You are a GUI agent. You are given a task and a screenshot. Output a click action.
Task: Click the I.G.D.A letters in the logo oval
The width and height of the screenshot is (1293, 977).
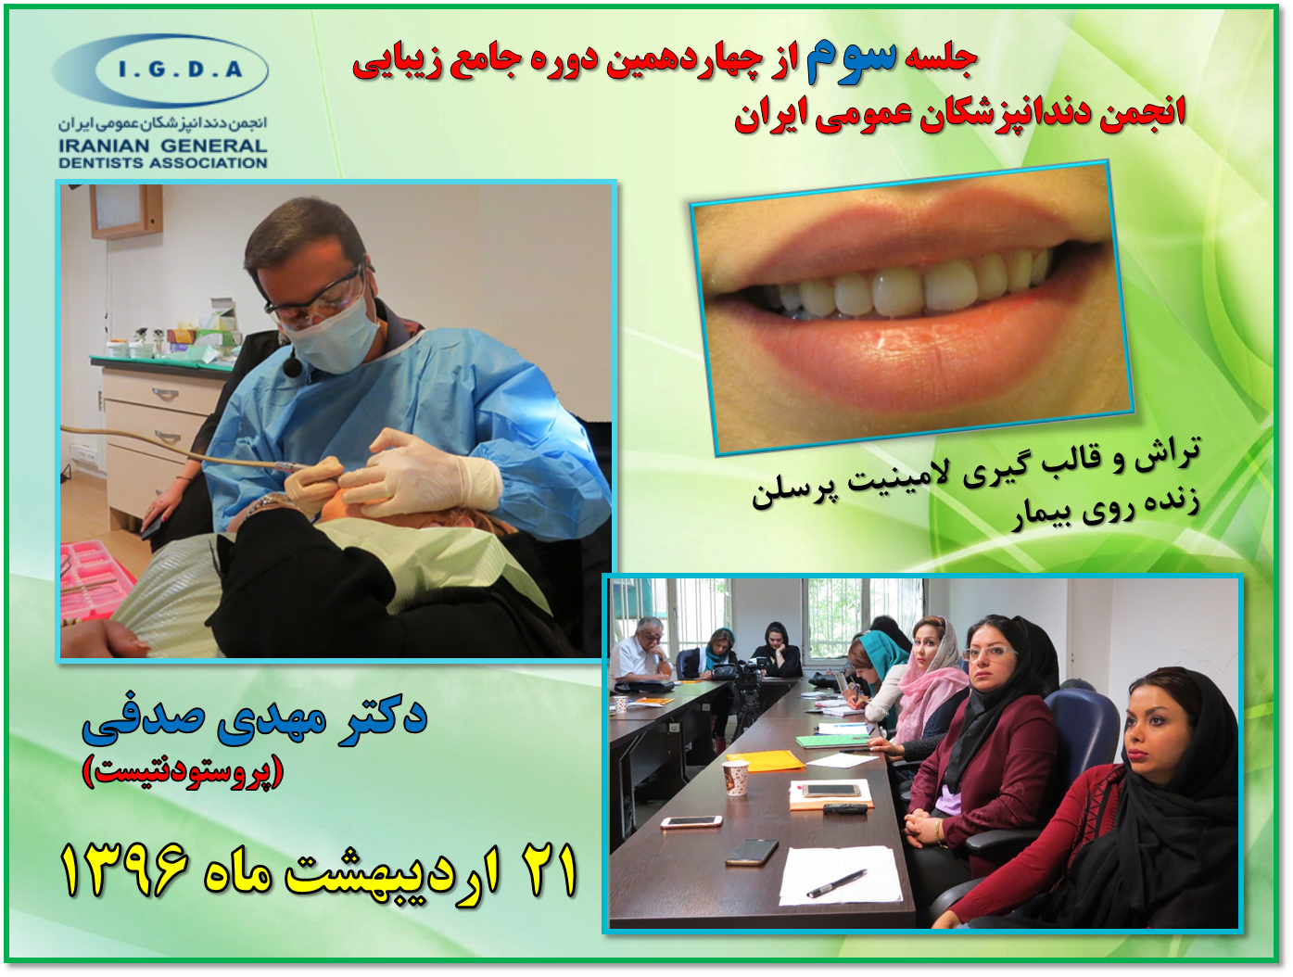180,70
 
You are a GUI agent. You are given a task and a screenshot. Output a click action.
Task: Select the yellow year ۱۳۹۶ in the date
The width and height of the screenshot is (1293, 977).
124,868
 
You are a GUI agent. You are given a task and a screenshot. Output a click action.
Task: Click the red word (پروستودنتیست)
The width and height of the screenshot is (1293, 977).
184,770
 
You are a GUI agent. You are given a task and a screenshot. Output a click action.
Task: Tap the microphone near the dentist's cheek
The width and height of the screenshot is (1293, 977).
290,365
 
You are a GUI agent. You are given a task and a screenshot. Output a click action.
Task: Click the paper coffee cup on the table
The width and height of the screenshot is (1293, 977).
735,778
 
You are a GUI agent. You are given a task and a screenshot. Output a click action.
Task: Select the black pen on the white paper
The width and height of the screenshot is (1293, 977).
836,882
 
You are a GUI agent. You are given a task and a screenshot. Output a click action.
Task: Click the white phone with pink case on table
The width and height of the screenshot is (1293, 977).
691,821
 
